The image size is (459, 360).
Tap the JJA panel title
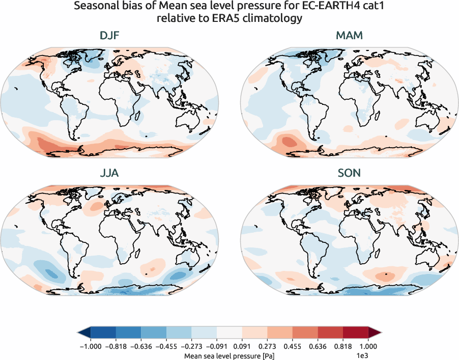(x=109, y=173)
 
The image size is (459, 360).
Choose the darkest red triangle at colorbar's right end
(x=375, y=333)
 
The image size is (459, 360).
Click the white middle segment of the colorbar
(x=229, y=333)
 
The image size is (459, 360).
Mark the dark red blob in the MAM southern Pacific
(x=286, y=141)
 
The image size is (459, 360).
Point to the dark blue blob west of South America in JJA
(x=49, y=273)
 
